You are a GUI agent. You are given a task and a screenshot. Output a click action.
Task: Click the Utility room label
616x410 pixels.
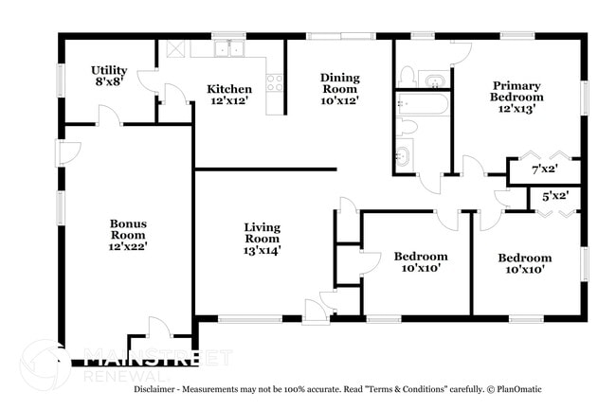tap(109, 70)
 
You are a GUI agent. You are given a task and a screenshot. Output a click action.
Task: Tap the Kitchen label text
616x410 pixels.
tap(229, 90)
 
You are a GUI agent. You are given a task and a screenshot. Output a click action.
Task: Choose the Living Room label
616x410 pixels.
tap(263, 233)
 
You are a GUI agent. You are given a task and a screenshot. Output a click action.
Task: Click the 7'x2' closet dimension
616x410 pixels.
tap(544, 170)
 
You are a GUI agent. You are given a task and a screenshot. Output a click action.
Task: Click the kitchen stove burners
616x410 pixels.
tap(276, 82)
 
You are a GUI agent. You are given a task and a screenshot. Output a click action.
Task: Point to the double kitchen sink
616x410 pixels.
tap(228, 48)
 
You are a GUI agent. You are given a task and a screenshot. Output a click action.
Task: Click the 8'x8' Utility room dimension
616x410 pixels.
tap(109, 83)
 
